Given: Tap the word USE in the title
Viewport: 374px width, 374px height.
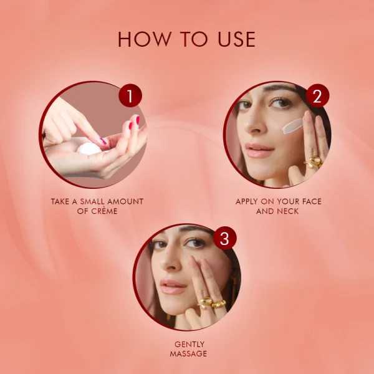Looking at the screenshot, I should [233, 39].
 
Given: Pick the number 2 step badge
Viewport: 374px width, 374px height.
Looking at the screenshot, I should [317, 96].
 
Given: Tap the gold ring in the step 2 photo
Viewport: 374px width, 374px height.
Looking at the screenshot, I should [313, 163].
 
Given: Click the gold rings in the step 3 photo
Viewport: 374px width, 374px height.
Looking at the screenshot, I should [211, 304].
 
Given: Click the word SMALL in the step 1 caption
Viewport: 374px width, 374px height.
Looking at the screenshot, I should [93, 201].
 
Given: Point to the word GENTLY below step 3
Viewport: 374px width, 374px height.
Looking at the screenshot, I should [188, 343].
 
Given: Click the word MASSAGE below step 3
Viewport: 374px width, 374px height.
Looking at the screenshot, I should [188, 354].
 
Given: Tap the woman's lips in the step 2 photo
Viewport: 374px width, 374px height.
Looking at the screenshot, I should [259, 151].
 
